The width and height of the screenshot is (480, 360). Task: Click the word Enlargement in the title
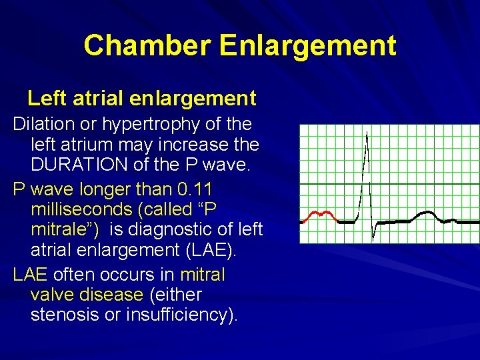coord(307,46)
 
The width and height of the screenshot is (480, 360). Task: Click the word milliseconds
coord(81,209)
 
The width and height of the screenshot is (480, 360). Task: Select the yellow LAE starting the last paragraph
coord(31,273)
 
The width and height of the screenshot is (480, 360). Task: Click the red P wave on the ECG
coord(319,215)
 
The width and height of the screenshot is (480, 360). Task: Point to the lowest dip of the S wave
coord(373,239)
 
